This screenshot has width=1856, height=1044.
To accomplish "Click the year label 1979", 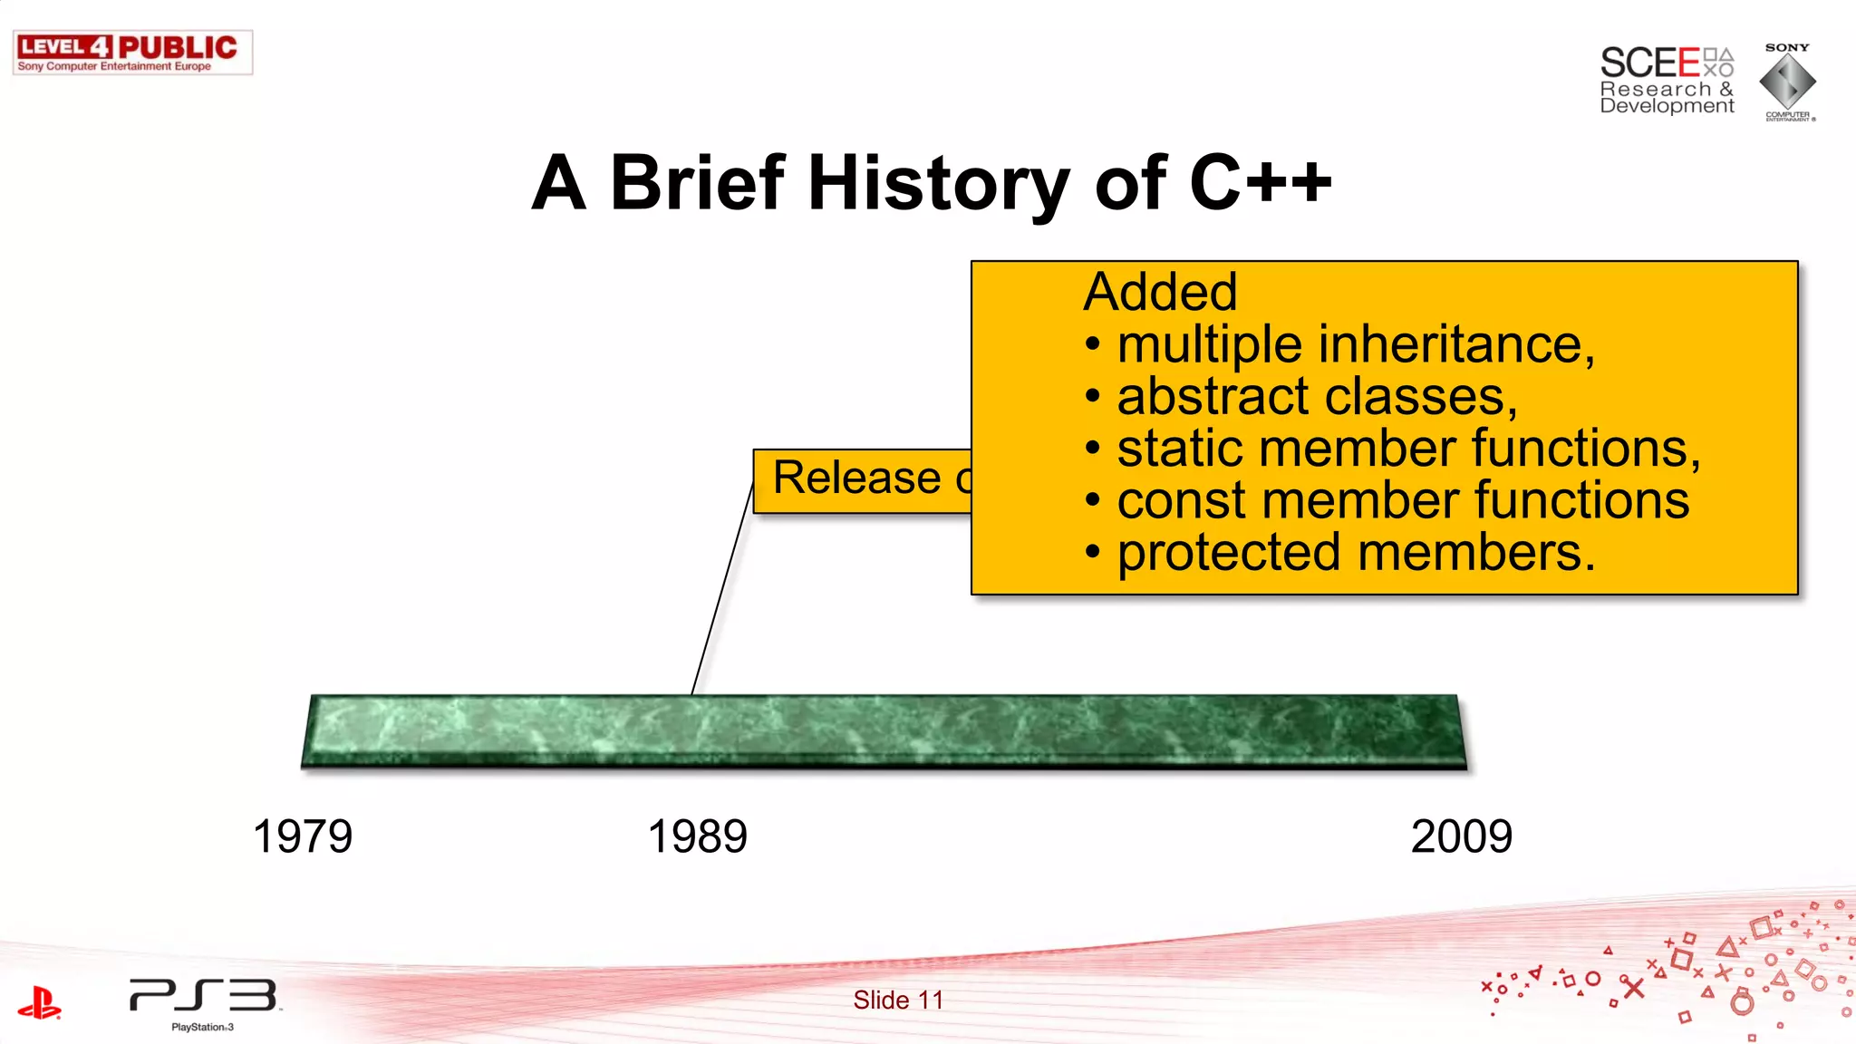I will coord(302,836).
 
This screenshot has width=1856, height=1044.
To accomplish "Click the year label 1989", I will coord(697,836).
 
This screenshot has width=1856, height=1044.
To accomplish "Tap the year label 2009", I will coord(1461,836).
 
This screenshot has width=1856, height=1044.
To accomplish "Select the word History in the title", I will coord(938,184).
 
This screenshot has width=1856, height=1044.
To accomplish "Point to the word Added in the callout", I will coord(1160,292).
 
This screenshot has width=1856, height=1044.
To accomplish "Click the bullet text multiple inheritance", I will coord(1355,345).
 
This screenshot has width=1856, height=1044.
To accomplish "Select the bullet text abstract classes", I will coord(1316,397).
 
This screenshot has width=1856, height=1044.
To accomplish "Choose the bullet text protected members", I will coord(1355,553).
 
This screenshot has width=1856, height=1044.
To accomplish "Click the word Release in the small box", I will coord(856,478).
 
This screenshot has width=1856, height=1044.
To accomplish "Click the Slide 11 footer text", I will coord(898,1000).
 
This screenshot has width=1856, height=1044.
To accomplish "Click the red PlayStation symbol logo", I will coord(39,1003).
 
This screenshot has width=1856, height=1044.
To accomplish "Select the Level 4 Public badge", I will coord(132,53).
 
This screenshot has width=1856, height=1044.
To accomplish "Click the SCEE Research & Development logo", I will coord(1666,81).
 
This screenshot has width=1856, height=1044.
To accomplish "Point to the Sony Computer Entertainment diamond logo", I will coord(1787,82).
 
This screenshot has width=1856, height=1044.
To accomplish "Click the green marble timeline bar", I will coord(884,732).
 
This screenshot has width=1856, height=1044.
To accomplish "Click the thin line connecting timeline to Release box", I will coord(722,589).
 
